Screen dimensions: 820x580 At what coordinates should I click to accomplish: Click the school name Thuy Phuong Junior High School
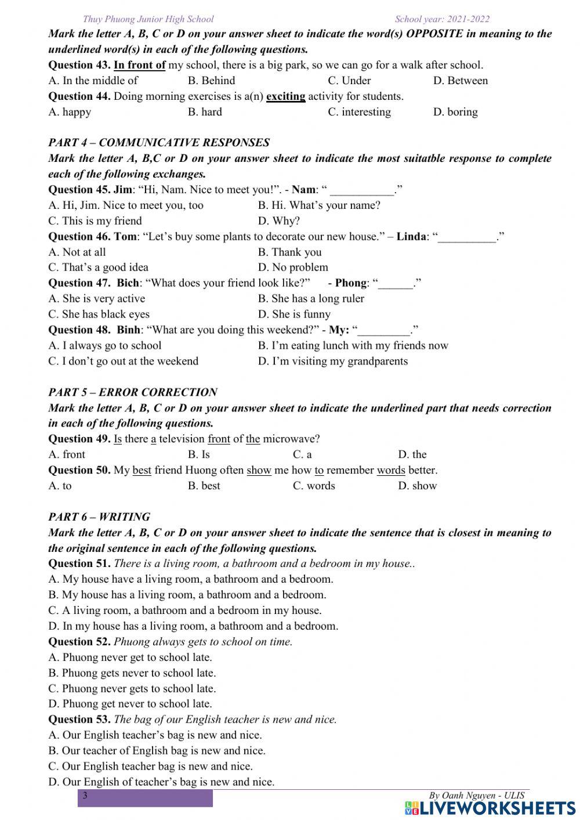[x=148, y=19]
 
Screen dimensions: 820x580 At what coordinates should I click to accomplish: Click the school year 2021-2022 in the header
[x=442, y=19]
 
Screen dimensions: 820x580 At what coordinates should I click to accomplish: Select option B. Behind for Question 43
[x=211, y=81]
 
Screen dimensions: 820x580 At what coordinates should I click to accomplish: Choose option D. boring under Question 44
[x=455, y=112]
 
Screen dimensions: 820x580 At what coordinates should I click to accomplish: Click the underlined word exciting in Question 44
[x=285, y=96]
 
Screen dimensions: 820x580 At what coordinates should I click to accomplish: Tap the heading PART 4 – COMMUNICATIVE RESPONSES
[x=159, y=143]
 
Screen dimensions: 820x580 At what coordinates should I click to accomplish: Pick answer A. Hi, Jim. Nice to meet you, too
[x=126, y=205]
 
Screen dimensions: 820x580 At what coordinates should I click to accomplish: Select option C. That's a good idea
[x=98, y=268]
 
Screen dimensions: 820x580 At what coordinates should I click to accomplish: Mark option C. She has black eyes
[x=99, y=315]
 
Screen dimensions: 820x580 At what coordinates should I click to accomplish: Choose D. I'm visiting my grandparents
[x=332, y=362]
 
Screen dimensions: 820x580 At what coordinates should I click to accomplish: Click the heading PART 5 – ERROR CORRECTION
[x=133, y=392]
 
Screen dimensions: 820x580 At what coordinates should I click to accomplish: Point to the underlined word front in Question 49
[x=219, y=439]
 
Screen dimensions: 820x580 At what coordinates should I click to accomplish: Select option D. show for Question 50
[x=417, y=486]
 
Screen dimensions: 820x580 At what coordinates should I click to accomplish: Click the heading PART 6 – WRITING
[x=99, y=517]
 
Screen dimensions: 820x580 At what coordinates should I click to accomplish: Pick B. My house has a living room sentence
[x=187, y=595]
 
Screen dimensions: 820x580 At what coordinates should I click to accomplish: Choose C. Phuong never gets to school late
[x=132, y=689]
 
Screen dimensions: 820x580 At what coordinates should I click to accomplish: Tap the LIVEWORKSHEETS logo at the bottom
[x=490, y=808]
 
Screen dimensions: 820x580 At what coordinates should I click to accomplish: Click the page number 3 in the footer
[x=85, y=796]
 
